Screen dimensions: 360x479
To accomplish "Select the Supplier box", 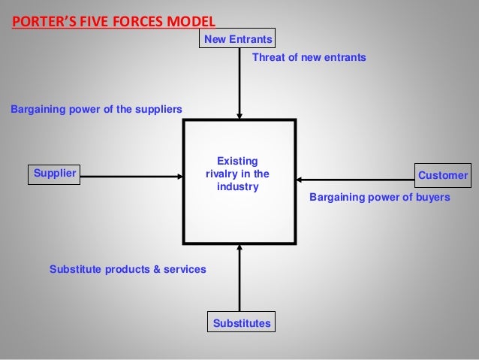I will click(x=54, y=174).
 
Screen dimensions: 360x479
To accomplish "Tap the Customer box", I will click(x=442, y=175).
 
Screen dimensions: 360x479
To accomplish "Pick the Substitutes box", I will click(x=241, y=323).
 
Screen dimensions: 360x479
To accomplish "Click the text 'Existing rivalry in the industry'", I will click(x=237, y=174).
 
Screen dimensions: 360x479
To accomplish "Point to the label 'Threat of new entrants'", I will click(x=309, y=57).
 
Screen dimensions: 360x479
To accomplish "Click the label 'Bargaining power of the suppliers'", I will click(x=96, y=109).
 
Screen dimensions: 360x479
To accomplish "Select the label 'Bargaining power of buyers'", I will click(x=379, y=198).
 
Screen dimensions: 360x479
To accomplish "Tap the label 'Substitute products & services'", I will click(x=128, y=268).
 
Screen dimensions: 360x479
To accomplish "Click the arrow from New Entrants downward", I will click(x=239, y=83).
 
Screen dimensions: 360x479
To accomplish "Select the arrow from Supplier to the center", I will click(x=131, y=177).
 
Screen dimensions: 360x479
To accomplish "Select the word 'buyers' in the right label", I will click(x=432, y=198).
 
